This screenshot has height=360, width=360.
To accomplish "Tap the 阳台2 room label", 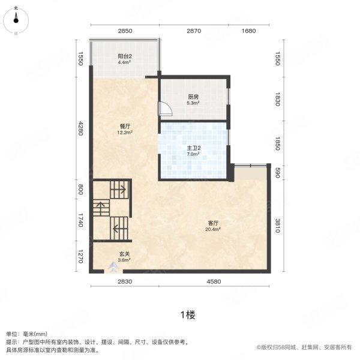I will tap(124, 57).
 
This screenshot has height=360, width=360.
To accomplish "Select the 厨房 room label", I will tap(193, 96).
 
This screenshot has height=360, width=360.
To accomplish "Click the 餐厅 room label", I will tap(125, 126).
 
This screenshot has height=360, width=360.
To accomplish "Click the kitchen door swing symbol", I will tap(164, 108).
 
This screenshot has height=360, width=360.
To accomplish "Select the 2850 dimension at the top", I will tap(125, 31).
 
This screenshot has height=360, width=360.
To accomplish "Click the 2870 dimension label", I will tap(193, 31).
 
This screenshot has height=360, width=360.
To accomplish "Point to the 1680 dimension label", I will tap(248, 31).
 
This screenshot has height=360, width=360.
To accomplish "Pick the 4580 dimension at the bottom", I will tap(215, 281).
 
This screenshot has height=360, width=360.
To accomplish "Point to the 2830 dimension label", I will tap(125, 281).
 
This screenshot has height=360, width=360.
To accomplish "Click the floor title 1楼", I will tap(186, 314).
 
